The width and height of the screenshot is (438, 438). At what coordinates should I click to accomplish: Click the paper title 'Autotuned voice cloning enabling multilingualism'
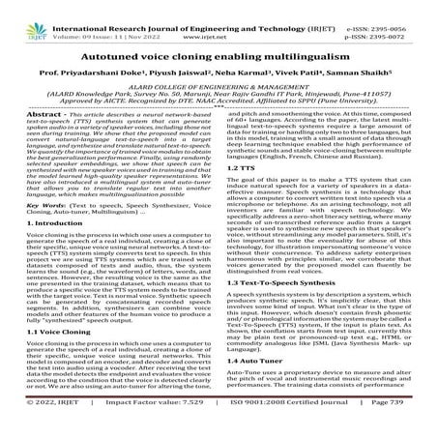point(219,57)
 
